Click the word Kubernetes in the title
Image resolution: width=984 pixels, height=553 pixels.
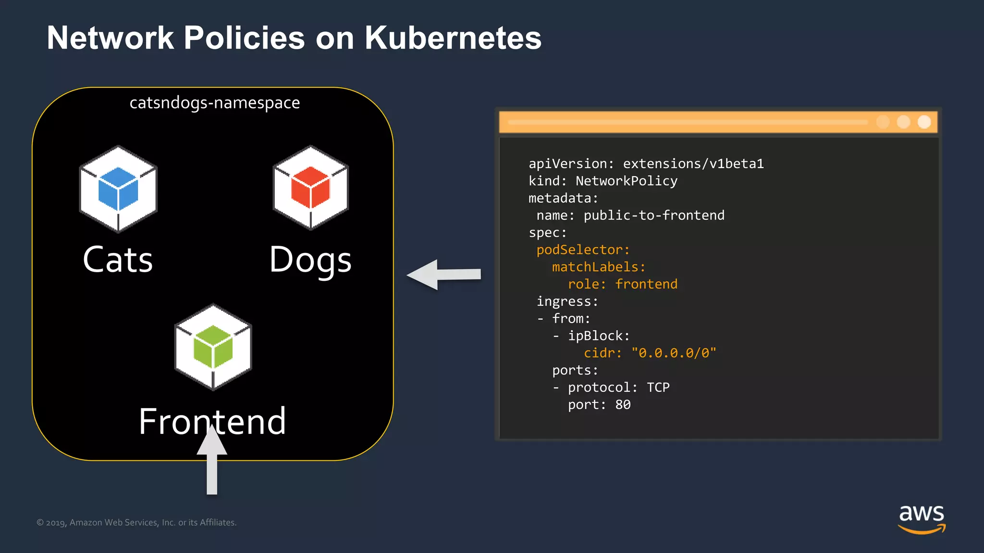453,38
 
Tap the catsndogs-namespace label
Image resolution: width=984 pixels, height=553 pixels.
215,103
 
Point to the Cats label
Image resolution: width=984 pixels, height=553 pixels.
118,260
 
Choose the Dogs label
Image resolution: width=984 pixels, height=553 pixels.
310,261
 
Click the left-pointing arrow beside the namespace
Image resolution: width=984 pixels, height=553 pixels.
443,275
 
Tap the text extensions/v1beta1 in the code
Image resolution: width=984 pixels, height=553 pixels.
693,164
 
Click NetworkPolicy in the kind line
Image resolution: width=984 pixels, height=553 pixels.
627,181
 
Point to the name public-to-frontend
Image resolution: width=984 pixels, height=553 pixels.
653,216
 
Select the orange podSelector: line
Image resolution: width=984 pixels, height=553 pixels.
583,250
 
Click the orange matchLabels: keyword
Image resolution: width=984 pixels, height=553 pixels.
599,267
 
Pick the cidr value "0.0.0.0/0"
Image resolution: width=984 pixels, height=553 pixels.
674,353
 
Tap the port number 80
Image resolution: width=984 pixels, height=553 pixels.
623,405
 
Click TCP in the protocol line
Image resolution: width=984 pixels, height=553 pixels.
658,388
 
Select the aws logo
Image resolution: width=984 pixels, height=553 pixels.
922,518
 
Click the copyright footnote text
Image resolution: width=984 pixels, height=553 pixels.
136,523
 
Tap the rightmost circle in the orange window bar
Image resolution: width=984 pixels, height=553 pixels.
924,122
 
